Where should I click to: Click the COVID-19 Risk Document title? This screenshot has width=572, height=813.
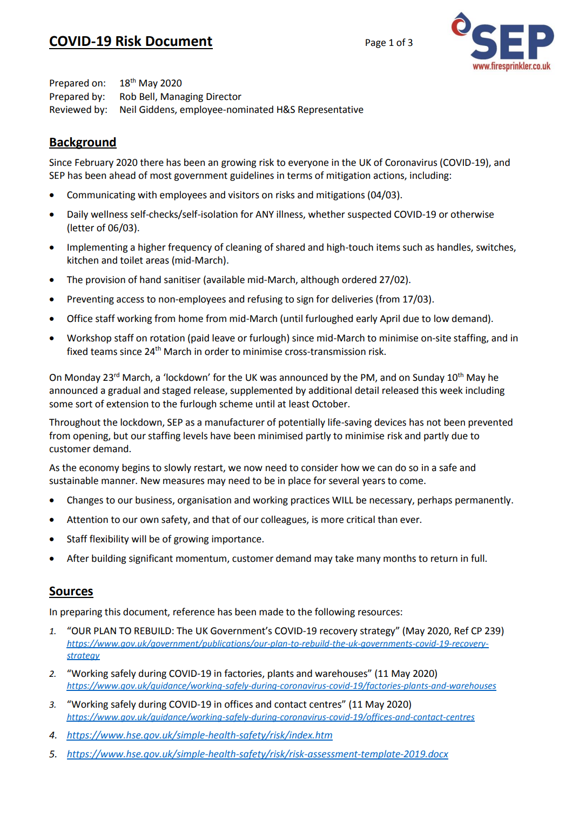131,42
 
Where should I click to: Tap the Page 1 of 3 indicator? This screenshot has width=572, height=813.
388,43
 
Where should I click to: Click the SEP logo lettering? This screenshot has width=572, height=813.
512,42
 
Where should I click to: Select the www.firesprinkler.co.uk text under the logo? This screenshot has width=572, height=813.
511,66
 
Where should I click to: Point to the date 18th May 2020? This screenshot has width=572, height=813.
150,83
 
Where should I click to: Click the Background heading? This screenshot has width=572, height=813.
83,142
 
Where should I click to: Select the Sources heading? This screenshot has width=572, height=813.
71,592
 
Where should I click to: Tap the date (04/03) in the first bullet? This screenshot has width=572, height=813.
384,195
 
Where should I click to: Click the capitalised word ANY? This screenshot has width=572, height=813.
265,214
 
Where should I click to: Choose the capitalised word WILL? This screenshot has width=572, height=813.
342,500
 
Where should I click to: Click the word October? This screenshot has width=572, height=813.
330,404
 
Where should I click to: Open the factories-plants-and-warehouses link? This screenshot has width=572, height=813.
281,686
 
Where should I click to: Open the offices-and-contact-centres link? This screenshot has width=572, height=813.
271,717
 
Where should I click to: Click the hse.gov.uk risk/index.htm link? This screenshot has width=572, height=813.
199,735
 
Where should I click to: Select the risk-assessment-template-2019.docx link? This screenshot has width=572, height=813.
257,754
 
